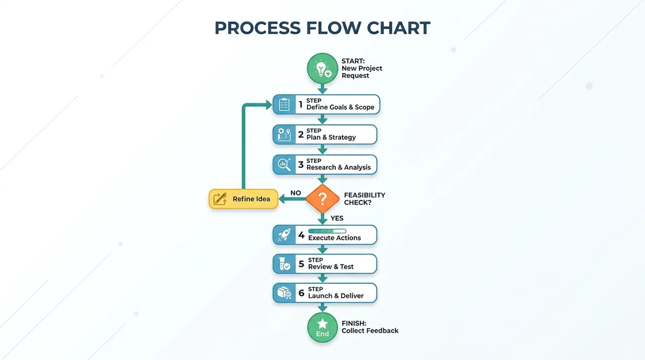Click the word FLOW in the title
click(x=334, y=28)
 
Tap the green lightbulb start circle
click(x=322, y=68)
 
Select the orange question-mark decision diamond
click(x=322, y=199)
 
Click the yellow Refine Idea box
click(x=243, y=199)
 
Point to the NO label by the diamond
click(x=295, y=193)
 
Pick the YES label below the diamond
click(x=337, y=218)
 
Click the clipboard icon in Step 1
click(x=284, y=104)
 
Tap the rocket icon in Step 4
click(x=284, y=235)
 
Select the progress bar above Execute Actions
click(x=327, y=231)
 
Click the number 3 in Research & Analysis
click(x=301, y=165)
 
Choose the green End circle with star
click(x=322, y=328)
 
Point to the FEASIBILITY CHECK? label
click(x=364, y=199)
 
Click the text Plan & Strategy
click(x=331, y=137)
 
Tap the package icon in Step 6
click(x=284, y=293)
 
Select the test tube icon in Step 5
click(x=284, y=264)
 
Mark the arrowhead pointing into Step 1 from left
click(x=269, y=105)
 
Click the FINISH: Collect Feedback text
click(x=370, y=327)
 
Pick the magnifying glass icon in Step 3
click(x=284, y=165)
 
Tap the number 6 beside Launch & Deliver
click(x=301, y=293)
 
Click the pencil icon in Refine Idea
click(x=220, y=199)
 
